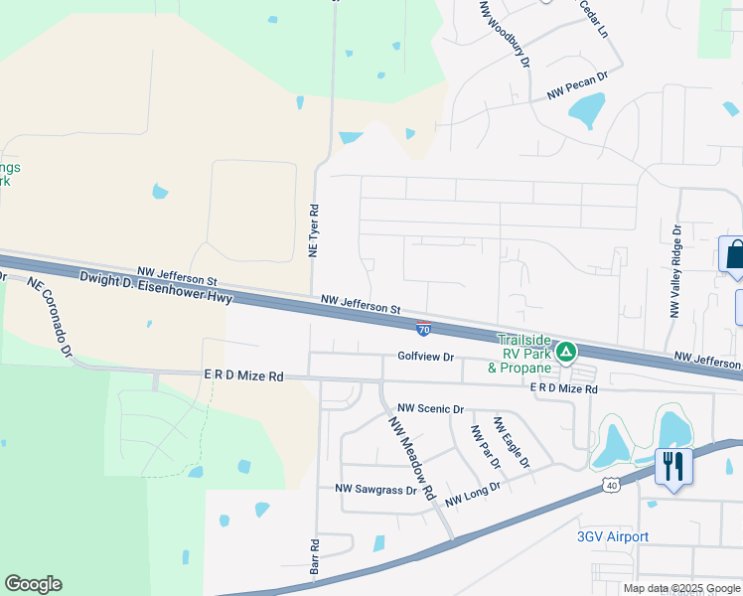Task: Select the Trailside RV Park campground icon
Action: [x=565, y=351]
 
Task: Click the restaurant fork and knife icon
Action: [x=673, y=465]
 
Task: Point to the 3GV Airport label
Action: [x=613, y=537]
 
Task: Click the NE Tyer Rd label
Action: [x=313, y=231]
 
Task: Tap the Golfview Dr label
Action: [x=425, y=357]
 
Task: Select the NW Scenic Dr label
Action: [x=431, y=408]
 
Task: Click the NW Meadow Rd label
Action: [x=412, y=457]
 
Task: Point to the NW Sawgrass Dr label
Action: [x=375, y=489]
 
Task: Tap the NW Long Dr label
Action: [x=473, y=494]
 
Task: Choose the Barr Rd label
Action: [x=314, y=558]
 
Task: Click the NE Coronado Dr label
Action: [x=51, y=316]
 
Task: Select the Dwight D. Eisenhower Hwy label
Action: [x=156, y=289]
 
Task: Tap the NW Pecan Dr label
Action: [x=577, y=85]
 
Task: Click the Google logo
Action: [x=33, y=584]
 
